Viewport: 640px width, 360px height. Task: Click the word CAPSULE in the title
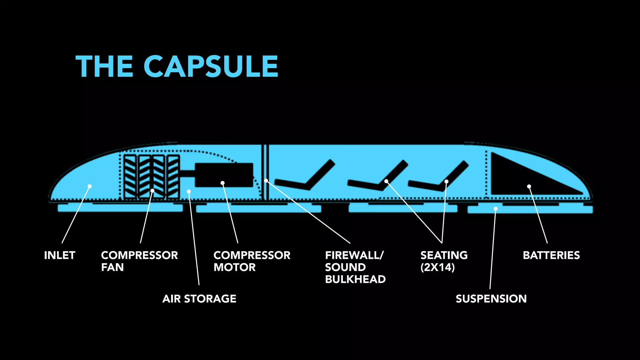[211, 66]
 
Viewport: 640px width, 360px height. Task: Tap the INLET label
[60, 255]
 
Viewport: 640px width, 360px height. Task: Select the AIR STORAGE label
[199, 299]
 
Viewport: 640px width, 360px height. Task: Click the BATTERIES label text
[551, 255]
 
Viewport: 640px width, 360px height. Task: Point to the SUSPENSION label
[491, 299]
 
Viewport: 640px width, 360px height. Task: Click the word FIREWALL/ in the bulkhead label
[354, 255]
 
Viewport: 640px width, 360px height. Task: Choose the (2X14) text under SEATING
[437, 267]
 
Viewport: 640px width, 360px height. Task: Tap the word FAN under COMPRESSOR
[112, 267]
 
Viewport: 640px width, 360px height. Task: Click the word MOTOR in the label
[235, 267]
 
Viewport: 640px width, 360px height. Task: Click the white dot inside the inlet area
[90, 186]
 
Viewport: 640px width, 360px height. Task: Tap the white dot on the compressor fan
[152, 191]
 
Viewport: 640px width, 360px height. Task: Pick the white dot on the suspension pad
[496, 208]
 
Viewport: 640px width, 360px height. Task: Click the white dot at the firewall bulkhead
[266, 181]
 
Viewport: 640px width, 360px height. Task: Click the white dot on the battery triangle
[529, 187]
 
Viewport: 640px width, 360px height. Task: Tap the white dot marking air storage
[189, 192]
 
